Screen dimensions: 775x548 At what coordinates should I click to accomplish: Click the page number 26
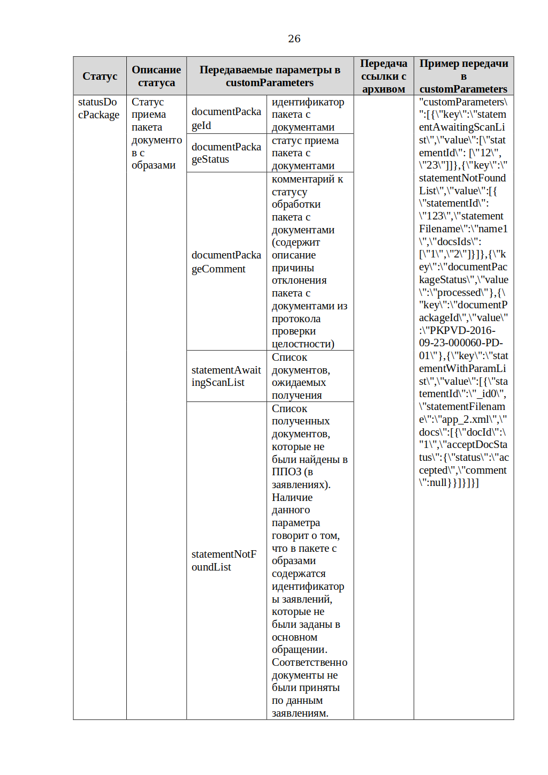click(294, 39)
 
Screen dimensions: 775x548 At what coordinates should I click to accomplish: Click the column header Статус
click(100, 76)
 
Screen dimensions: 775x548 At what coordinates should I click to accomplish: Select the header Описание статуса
click(156, 76)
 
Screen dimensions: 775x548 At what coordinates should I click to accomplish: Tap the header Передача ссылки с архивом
click(383, 76)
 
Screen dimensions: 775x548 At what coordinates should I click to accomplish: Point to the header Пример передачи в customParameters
click(463, 76)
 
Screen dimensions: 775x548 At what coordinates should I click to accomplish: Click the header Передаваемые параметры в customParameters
click(270, 76)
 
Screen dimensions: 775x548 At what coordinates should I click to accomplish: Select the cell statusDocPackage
click(98, 108)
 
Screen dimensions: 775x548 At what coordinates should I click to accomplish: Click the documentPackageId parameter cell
click(226, 118)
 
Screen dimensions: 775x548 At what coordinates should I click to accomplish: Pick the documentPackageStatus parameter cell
click(226, 153)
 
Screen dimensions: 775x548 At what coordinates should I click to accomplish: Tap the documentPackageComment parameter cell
click(226, 262)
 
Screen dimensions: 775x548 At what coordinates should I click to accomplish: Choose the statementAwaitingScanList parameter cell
click(226, 376)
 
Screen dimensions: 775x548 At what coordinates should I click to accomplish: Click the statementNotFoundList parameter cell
click(224, 560)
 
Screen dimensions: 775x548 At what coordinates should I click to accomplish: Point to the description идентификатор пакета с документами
click(308, 115)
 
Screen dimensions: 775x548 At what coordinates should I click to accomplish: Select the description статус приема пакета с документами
click(305, 153)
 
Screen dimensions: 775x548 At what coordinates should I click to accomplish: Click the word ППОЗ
click(286, 472)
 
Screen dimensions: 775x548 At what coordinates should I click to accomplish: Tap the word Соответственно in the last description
click(309, 663)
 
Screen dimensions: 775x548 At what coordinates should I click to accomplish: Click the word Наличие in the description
click(292, 497)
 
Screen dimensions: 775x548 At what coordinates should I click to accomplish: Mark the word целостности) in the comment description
click(303, 344)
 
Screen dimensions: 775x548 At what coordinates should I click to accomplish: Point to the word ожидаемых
click(299, 383)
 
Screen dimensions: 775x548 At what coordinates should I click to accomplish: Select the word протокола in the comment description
click(296, 319)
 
